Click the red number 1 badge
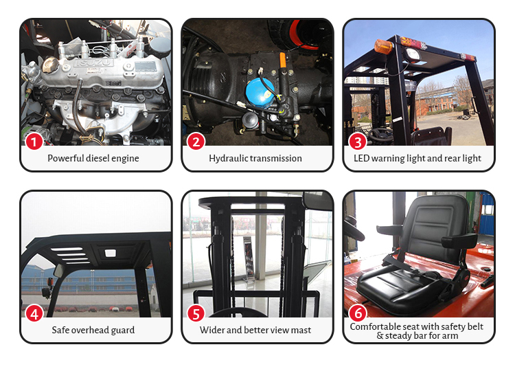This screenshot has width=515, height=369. click(34, 142)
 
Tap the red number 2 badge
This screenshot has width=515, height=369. click(196, 142)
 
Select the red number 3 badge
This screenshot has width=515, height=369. click(358, 142)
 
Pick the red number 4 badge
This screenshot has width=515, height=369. click(34, 313)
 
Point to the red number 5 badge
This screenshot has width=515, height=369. click(196, 313)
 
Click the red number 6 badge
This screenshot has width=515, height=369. click(358, 313)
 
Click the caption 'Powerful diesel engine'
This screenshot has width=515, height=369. click(93, 158)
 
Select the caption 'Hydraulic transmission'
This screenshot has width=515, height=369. click(255, 158)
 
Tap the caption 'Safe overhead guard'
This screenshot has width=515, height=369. click(93, 330)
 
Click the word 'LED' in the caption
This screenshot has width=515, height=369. click(362, 158)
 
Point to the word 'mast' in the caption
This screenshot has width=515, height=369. click(300, 330)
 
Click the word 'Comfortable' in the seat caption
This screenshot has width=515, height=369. click(376, 326)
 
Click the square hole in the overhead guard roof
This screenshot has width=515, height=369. click(110, 252)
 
